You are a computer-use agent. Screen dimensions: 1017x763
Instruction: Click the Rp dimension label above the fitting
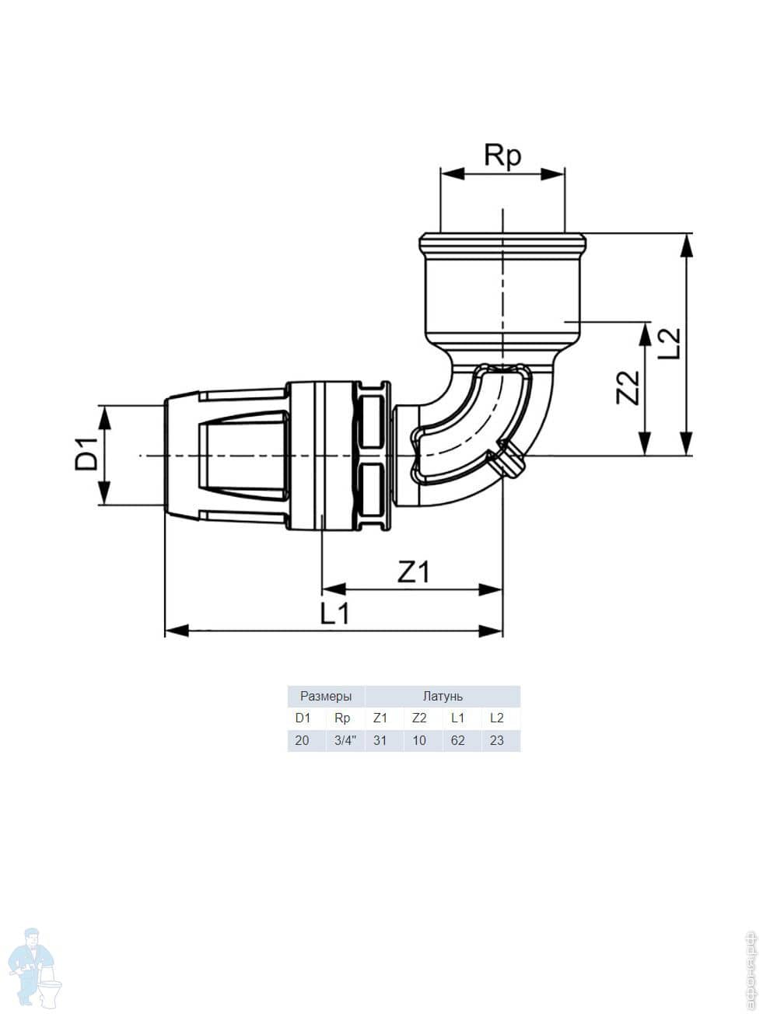502,156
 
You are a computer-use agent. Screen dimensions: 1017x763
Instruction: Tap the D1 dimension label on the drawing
86,454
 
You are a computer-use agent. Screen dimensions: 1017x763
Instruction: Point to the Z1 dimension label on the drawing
413,572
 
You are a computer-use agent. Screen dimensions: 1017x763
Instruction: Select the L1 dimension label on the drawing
335,614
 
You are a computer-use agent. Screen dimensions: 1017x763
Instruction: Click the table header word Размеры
326,696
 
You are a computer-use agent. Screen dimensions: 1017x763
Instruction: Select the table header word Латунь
443,696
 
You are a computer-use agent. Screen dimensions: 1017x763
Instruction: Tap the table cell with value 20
302,740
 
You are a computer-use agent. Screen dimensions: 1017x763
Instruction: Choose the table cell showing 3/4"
345,740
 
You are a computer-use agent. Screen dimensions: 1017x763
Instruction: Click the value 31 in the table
380,740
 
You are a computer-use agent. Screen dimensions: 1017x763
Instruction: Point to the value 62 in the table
457,740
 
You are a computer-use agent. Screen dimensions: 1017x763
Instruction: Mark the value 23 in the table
496,740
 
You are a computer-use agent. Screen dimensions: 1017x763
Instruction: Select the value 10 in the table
419,740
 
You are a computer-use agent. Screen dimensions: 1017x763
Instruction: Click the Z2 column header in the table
419,718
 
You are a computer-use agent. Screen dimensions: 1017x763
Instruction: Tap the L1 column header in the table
457,718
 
